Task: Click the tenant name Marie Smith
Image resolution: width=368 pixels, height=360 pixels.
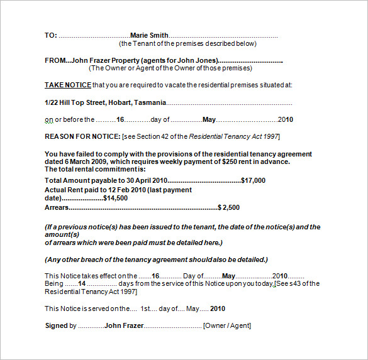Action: (x=149, y=36)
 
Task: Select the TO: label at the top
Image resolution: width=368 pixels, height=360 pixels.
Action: (x=51, y=36)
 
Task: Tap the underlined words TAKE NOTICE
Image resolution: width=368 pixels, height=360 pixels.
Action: (x=68, y=85)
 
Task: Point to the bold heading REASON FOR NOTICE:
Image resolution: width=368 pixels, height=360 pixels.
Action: (x=82, y=136)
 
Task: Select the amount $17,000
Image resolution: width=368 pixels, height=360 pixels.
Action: (x=253, y=180)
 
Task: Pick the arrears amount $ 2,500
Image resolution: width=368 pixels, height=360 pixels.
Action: (x=228, y=207)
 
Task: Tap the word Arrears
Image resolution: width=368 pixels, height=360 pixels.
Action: (x=56, y=207)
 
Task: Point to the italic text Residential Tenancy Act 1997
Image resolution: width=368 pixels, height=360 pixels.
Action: (x=233, y=136)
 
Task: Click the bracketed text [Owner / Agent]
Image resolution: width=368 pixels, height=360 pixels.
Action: (x=226, y=325)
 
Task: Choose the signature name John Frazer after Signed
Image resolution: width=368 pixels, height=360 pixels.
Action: (x=124, y=325)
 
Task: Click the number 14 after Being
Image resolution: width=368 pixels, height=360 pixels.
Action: (x=81, y=283)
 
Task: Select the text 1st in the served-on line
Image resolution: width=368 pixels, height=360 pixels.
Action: (x=145, y=308)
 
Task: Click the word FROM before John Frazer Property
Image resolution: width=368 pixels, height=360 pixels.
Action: (x=55, y=61)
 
